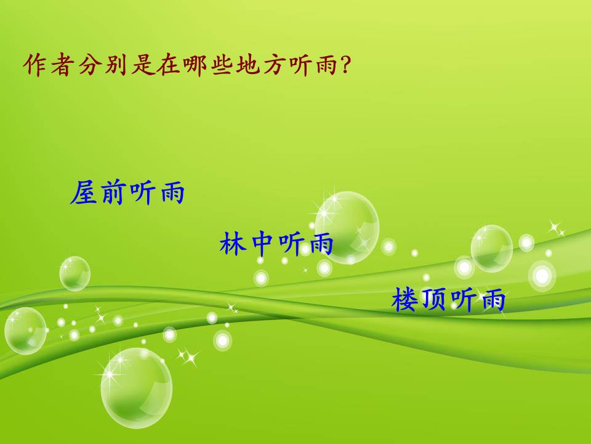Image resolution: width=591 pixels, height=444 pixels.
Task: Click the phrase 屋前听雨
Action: coord(127,194)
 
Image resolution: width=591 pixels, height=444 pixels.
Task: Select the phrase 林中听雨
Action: coord(276,244)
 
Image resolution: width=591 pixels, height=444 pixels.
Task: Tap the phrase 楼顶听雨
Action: coord(448,300)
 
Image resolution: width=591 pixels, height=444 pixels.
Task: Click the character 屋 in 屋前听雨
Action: coord(84,194)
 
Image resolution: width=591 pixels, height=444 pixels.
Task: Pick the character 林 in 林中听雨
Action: coord(233,244)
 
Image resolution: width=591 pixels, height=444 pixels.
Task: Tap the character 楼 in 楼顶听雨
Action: coord(405,300)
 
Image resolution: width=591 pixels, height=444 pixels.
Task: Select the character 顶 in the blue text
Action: coord(434,300)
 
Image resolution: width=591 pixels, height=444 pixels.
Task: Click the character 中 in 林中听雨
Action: coord(262,244)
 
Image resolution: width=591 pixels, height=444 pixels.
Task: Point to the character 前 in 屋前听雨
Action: coord(113,194)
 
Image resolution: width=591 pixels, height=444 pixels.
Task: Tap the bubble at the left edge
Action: coord(25,331)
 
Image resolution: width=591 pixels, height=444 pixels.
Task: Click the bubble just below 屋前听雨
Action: coord(74,273)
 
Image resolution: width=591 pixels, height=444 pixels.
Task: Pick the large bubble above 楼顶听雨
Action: coord(492,248)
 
